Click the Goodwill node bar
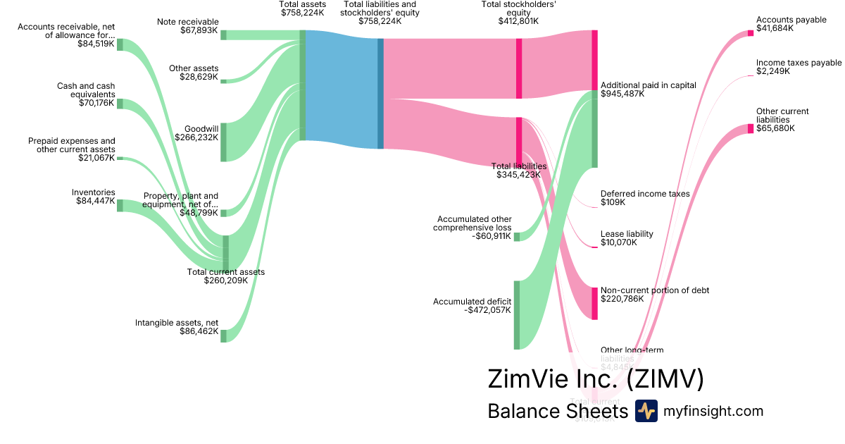coord(224,142)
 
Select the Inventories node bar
coord(120,205)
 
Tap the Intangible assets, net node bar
coord(224,335)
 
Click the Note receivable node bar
coord(224,35)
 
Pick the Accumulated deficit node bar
coord(517,314)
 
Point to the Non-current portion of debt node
coord(594,304)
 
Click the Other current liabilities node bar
coord(750,128)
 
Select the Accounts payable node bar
coord(750,33)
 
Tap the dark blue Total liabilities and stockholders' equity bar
coord(381,93)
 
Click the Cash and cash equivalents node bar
coord(120,104)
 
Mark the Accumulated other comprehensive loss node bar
coord(517,237)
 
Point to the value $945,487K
coord(622,94)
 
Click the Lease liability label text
coord(627,234)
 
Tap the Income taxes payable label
coord(799,63)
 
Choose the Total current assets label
coord(226,271)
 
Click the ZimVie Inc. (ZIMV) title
coord(596,379)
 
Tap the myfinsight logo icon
coord(646,411)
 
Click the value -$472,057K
coord(489,309)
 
